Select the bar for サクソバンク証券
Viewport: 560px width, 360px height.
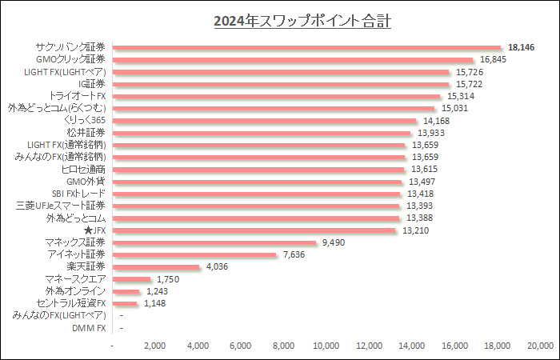(x=307, y=47)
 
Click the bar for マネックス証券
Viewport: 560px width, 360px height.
(x=215, y=242)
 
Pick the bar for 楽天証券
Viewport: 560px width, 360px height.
(x=157, y=266)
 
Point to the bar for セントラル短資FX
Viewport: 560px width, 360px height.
(x=126, y=303)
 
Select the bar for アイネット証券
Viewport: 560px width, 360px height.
(x=195, y=254)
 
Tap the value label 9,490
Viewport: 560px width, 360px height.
(x=334, y=242)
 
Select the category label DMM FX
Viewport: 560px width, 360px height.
(x=89, y=327)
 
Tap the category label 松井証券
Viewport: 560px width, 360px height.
(x=85, y=133)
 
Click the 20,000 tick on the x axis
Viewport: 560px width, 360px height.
(x=540, y=346)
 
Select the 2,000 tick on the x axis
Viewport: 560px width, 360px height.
(x=155, y=346)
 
